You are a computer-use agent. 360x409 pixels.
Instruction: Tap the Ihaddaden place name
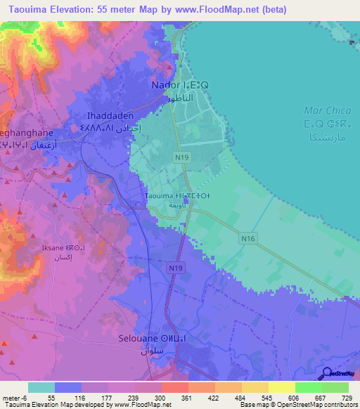point(105,115)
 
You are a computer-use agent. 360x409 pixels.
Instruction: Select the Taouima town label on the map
point(167,196)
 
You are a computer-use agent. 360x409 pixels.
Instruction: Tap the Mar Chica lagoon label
point(323,110)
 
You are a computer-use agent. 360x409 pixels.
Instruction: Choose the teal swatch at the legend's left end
point(41,387)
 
